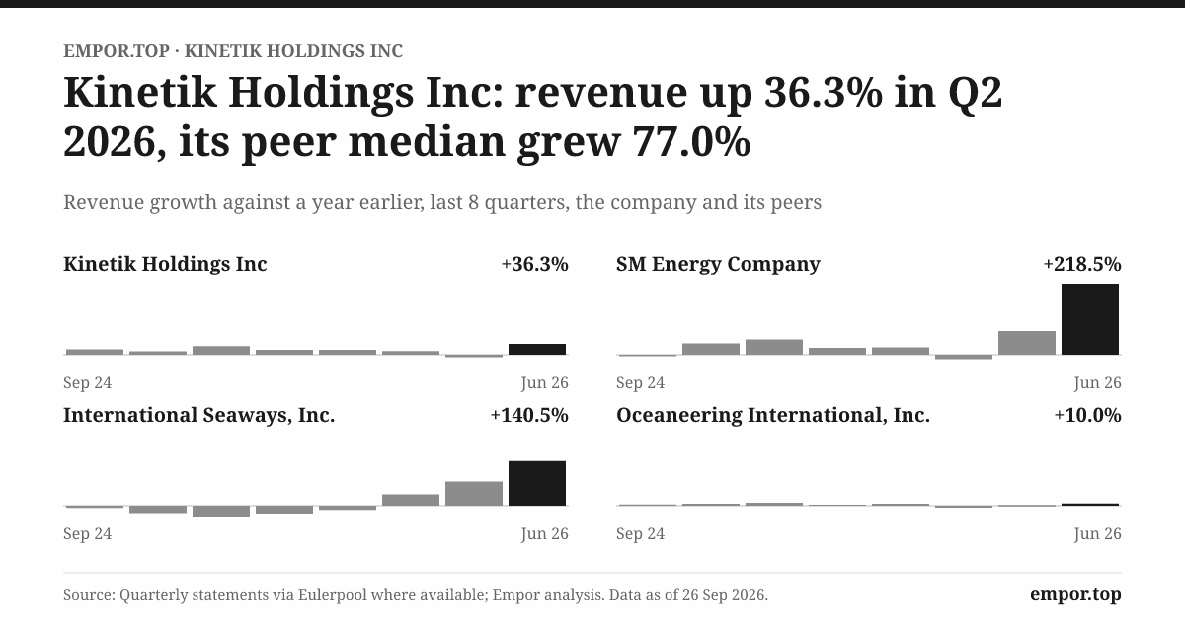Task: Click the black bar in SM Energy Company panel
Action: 1090,320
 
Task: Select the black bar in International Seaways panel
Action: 537,484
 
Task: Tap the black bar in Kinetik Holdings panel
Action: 537,350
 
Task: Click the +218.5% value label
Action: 1082,264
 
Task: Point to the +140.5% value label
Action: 529,415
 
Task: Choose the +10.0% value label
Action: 1087,415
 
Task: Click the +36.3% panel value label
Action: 535,264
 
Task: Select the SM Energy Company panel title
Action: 718,264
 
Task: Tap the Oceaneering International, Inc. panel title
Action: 773,416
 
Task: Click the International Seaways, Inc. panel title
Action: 198,416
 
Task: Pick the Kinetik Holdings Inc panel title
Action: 165,264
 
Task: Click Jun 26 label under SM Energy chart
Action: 1097,382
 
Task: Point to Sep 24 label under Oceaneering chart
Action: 640,534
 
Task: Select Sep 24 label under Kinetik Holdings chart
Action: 87,382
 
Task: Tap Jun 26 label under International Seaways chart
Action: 544,534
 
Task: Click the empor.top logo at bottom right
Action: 1075,594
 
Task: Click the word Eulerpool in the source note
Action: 332,595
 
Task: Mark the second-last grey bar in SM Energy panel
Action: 1027,344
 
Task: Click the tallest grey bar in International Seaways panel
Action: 474,494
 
